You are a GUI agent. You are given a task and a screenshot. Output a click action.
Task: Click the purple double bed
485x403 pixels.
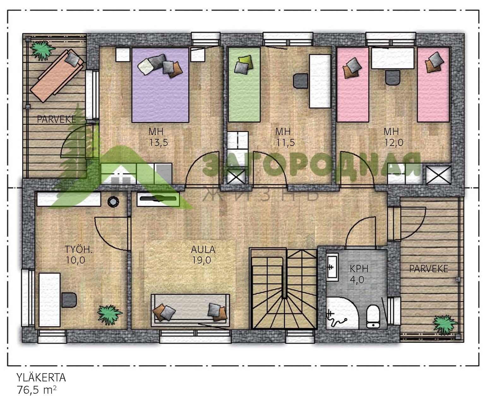point(160,85)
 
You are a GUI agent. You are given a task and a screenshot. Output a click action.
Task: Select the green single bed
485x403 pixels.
point(244,85)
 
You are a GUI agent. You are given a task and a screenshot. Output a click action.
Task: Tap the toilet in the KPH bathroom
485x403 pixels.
point(373,317)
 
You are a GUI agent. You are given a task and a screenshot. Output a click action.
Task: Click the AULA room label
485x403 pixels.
point(203,250)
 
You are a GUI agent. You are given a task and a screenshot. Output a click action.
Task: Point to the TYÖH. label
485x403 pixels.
point(79,250)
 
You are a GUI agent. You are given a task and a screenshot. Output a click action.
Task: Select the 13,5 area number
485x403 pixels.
point(159,143)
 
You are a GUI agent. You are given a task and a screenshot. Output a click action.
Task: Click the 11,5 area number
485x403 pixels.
point(285,143)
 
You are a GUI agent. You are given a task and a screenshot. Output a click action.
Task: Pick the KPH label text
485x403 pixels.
point(359,269)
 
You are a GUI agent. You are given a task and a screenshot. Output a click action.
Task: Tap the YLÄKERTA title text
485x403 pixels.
point(41,378)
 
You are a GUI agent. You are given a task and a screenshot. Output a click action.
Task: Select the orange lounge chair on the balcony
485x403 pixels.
point(57,76)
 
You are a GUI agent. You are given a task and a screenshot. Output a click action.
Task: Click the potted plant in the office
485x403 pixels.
point(109,314)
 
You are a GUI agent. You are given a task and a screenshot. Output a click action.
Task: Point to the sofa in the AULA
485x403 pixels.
point(190,310)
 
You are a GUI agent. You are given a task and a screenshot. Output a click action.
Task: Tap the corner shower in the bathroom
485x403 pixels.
point(342,313)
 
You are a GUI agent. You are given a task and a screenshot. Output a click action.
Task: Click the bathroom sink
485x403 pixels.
point(332,267)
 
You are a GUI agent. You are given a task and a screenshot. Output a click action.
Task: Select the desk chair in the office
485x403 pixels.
point(69,300)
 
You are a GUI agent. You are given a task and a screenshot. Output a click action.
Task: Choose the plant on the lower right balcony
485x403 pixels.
point(445,325)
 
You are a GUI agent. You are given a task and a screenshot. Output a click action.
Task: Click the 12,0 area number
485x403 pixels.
point(394,143)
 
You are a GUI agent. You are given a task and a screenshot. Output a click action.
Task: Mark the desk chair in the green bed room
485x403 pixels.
point(301,81)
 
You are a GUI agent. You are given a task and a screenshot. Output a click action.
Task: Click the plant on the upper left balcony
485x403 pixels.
point(43,50)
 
